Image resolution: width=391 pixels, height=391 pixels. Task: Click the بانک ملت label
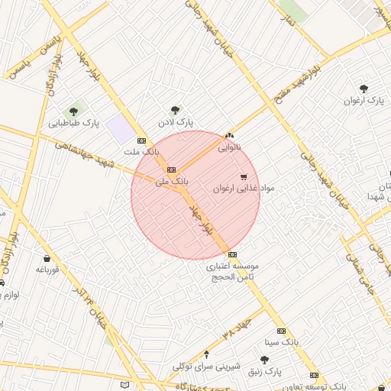142,152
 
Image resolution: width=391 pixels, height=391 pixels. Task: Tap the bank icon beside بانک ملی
171,170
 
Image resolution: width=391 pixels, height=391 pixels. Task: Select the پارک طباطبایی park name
75,122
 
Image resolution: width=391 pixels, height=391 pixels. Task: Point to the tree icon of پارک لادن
176,110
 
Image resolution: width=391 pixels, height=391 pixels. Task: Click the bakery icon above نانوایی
230,134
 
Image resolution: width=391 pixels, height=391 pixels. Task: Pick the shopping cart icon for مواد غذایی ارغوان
244,176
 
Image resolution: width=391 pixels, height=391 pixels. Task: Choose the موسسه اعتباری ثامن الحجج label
233,272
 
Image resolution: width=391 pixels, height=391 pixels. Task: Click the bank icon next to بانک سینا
281,331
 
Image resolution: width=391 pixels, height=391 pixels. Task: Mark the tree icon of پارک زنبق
264,359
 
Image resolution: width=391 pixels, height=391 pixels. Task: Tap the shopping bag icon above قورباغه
47,258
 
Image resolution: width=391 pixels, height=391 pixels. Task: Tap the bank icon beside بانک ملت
141,141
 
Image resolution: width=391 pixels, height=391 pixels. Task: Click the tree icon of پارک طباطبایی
74,111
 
